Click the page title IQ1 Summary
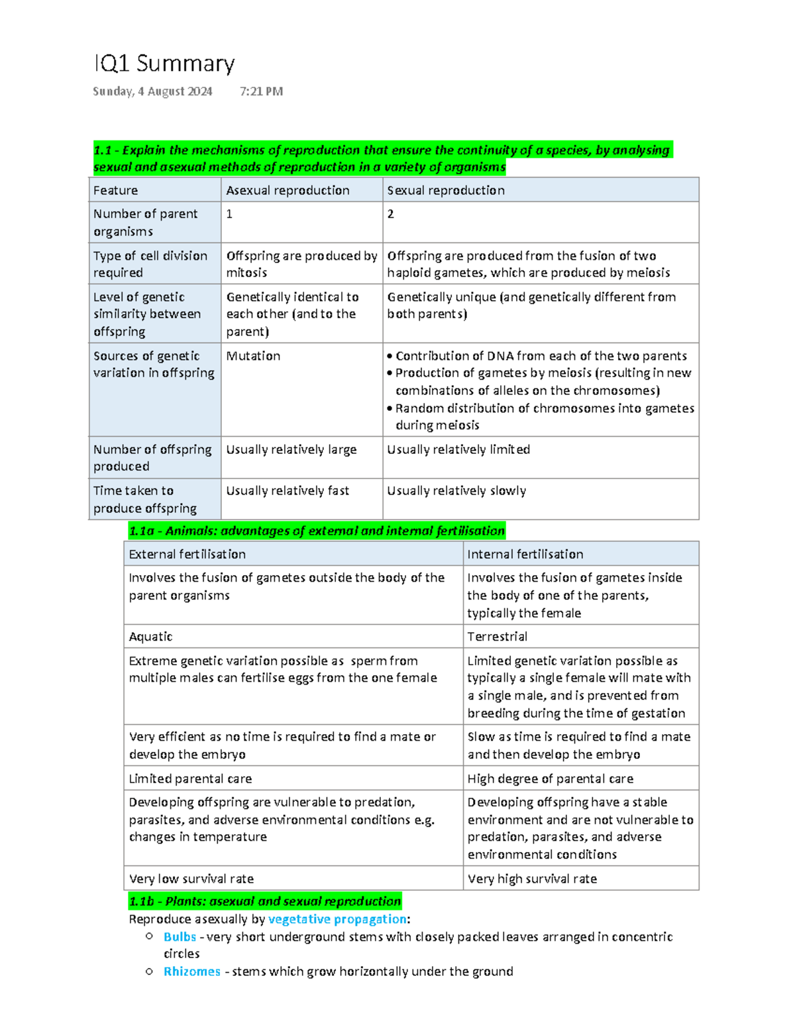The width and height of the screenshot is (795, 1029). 164,64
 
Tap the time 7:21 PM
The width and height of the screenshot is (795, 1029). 261,91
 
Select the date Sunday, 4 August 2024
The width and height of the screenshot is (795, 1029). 152,91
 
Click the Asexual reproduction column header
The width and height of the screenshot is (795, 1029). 288,190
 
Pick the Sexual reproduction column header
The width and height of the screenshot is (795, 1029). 446,190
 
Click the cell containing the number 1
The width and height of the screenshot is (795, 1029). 229,214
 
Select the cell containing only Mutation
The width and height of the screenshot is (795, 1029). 253,356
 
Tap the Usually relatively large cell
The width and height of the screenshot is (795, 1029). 291,449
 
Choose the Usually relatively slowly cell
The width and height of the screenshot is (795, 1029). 456,491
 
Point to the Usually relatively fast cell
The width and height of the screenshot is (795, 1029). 288,491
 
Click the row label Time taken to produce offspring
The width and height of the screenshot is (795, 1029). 145,499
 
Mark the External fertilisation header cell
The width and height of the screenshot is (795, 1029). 187,554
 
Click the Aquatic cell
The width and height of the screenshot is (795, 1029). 150,636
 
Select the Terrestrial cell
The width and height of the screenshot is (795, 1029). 497,636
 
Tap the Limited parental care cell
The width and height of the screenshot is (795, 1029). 190,779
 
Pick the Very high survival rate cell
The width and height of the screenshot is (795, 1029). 532,879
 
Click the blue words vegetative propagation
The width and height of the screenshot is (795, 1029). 337,919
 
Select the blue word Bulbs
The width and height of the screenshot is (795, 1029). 180,937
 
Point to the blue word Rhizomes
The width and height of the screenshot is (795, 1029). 191,971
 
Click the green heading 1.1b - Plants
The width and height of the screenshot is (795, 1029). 265,901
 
